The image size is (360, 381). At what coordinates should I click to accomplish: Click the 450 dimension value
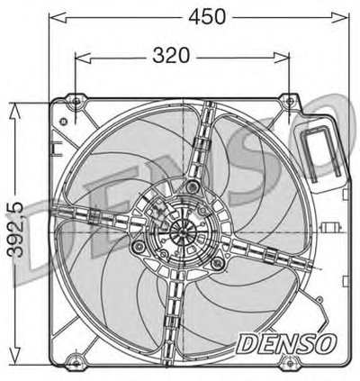pyautogui.click(x=207, y=16)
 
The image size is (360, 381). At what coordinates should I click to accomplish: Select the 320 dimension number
pyautogui.click(x=171, y=55)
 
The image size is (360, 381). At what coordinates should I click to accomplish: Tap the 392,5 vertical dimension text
pyautogui.click(x=15, y=230)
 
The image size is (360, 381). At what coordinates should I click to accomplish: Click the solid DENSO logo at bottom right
pyautogui.click(x=285, y=343)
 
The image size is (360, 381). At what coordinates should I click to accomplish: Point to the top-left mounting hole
pyautogui.click(x=76, y=101)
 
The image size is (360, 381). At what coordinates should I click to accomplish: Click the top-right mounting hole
pyautogui.click(x=290, y=101)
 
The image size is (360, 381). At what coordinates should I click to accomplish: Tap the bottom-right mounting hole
pyautogui.click(x=289, y=362)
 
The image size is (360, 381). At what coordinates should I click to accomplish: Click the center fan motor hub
pyautogui.click(x=183, y=232)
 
